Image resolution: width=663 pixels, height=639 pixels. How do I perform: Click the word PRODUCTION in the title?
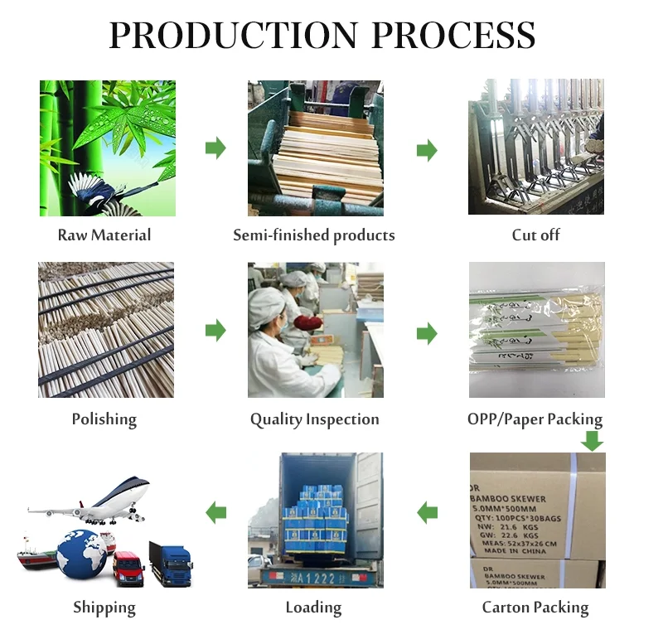click(233, 36)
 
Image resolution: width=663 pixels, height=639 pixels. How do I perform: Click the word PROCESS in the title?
click(453, 36)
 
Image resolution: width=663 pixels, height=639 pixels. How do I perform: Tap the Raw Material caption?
click(104, 235)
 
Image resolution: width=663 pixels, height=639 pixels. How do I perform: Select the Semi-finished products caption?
click(314, 235)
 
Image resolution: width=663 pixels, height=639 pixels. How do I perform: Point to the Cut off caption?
click(535, 235)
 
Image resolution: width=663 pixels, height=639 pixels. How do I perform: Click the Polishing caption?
click(104, 419)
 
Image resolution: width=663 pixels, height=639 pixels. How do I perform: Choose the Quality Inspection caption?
click(315, 419)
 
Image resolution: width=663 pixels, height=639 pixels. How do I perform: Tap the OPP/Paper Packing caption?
click(535, 419)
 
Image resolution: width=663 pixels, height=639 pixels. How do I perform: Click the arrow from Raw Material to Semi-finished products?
click(215, 149)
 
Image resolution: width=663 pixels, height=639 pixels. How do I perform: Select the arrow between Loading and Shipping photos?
click(216, 512)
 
